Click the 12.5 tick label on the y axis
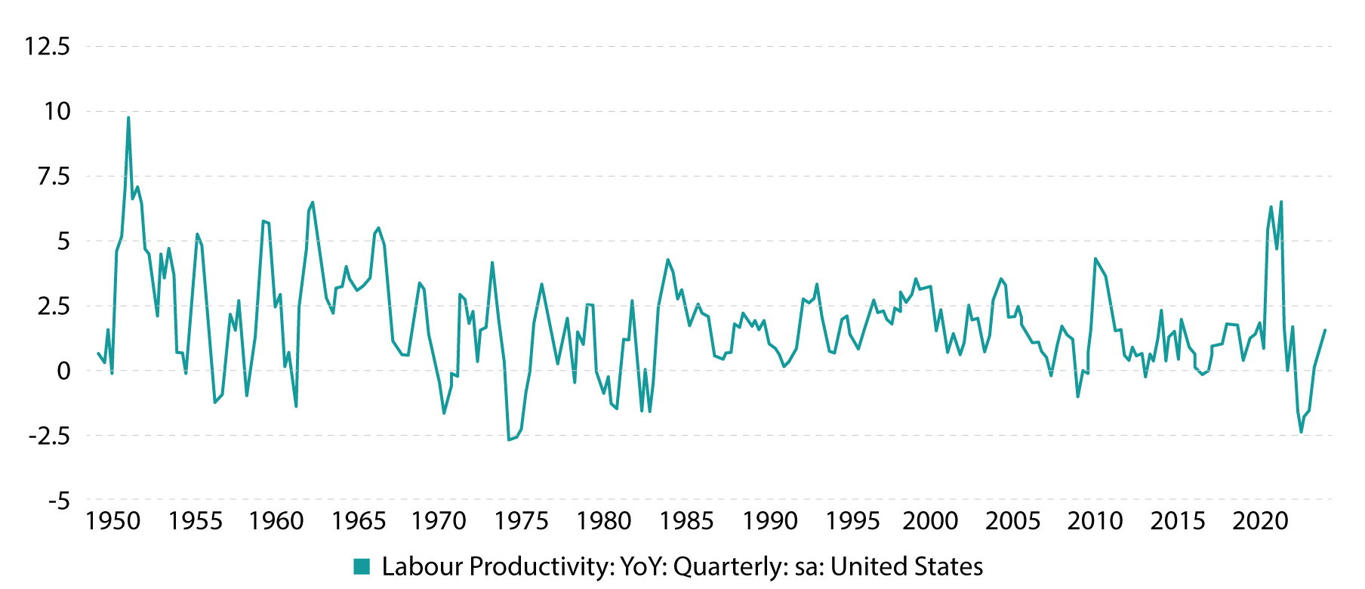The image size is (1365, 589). pos(48,47)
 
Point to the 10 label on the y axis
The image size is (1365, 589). pos(57,112)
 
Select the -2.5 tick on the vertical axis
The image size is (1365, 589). pos(49,436)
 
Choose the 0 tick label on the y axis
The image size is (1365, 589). pos(63,371)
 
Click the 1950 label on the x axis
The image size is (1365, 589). pos(113,521)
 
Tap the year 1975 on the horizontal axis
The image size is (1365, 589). pos(522,521)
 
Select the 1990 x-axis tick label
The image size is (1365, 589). pos(770,521)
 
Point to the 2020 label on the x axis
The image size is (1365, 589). pos(1261,521)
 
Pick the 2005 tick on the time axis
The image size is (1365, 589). pos(1013,521)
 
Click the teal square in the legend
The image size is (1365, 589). pos(362,566)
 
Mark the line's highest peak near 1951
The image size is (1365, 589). pos(128,117)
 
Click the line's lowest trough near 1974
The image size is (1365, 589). pos(509,439)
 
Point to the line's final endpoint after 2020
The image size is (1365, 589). pos(1325,330)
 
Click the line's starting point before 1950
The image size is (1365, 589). pos(98,353)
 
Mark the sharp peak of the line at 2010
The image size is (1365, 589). pos(1095,258)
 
